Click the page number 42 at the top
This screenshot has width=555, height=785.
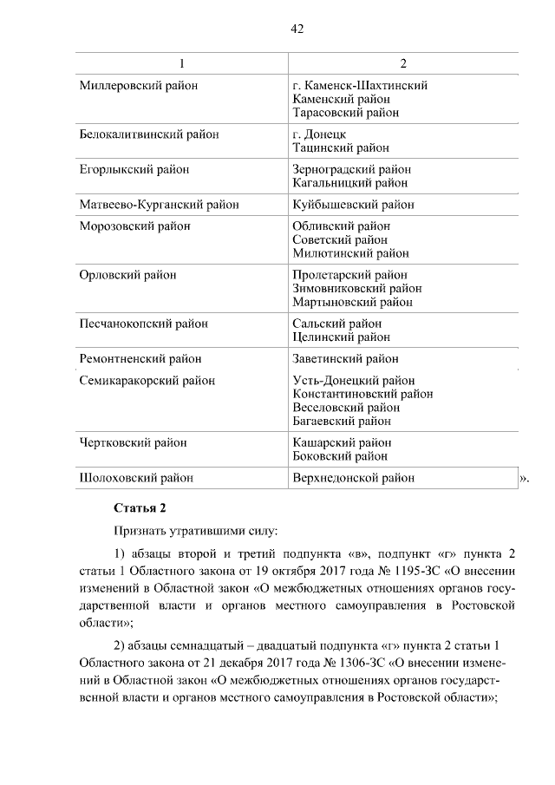(x=297, y=29)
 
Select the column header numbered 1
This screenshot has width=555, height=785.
(x=181, y=64)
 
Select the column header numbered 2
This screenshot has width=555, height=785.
(x=403, y=64)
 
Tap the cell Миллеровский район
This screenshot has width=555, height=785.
(x=139, y=86)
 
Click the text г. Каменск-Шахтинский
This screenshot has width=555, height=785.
(x=360, y=86)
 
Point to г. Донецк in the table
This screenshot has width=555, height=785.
(x=320, y=134)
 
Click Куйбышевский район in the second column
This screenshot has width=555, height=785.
(x=353, y=206)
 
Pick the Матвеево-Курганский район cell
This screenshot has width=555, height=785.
(x=159, y=206)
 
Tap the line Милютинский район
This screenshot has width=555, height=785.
(x=350, y=254)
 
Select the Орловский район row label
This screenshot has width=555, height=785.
(x=127, y=275)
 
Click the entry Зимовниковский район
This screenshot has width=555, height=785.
(x=357, y=289)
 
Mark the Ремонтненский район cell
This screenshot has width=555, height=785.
(x=140, y=358)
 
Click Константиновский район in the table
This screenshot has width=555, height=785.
(x=362, y=394)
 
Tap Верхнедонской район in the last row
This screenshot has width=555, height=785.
(x=354, y=478)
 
